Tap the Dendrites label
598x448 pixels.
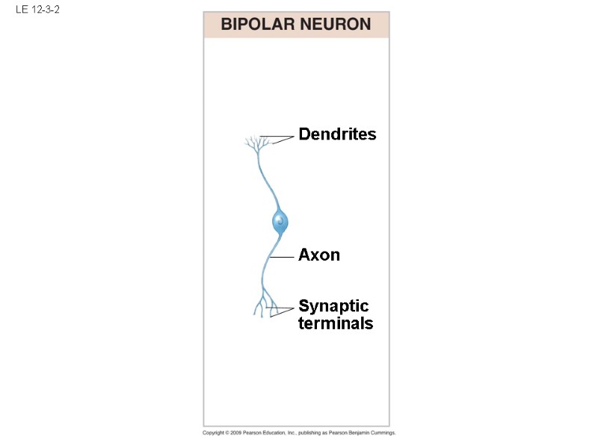click(337, 134)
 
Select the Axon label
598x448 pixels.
click(319, 255)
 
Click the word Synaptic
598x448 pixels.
click(333, 306)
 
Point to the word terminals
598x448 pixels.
click(336, 323)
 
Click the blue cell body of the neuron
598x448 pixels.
click(280, 221)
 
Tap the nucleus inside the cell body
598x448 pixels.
click(280, 220)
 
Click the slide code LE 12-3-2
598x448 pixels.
click(37, 10)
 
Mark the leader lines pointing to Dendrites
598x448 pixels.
click(285, 137)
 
